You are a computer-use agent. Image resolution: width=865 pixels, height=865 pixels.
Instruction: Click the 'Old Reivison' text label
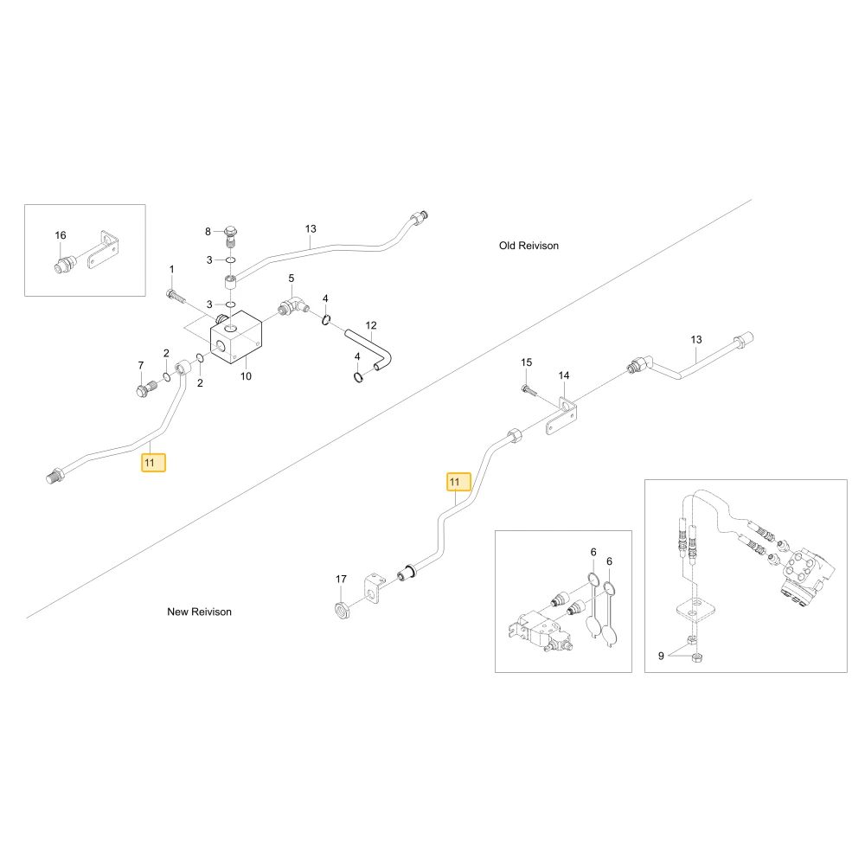click(529, 246)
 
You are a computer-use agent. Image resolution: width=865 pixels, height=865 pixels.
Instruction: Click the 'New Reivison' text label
click(199, 612)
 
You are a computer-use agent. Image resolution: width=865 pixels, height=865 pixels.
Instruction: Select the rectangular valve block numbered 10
click(236, 337)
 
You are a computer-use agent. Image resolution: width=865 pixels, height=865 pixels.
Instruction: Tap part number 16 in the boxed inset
click(61, 235)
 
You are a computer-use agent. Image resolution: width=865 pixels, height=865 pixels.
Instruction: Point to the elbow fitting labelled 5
click(293, 305)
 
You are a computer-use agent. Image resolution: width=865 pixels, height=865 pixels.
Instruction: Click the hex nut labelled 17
click(342, 610)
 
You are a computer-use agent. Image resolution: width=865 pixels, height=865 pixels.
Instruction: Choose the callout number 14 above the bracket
click(564, 375)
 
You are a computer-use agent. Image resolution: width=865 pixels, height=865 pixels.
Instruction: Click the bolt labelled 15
click(529, 390)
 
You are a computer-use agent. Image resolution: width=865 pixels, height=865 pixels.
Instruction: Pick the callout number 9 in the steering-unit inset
click(661, 656)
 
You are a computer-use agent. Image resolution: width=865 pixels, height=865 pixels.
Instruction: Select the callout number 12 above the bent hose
click(371, 325)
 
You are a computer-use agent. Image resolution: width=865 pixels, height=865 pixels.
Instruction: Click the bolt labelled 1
click(176, 296)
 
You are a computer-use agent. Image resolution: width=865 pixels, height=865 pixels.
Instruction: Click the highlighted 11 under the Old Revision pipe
click(153, 462)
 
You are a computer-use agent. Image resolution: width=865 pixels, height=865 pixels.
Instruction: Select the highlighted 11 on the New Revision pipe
click(458, 482)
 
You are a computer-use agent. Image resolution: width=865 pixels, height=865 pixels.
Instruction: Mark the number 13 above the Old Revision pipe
click(311, 228)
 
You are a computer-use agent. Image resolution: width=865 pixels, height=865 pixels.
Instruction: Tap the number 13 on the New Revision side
click(696, 339)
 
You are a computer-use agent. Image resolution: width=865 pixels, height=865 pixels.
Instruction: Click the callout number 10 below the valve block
click(246, 376)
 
